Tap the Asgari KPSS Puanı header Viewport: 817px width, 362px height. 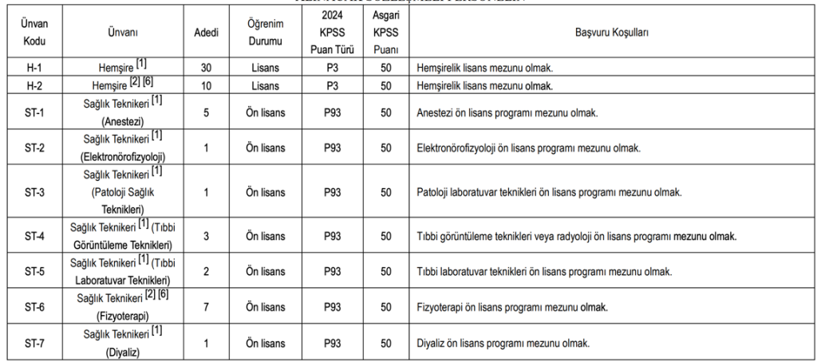385,33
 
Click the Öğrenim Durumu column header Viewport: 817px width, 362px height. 262,33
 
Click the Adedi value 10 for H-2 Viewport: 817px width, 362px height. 205,85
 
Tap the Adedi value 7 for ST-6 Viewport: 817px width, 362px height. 205,307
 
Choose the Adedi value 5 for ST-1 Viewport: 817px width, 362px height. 205,112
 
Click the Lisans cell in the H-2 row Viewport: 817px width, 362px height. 262,85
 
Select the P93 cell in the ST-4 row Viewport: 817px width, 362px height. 332,236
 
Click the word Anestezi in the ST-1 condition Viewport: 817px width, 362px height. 435,112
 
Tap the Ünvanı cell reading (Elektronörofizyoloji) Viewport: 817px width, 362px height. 123,156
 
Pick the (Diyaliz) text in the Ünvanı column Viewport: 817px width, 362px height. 123,351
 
